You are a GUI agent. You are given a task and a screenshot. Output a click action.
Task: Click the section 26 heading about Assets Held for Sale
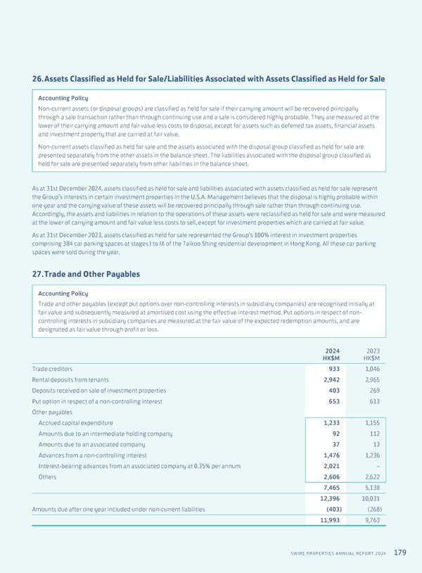(x=208, y=79)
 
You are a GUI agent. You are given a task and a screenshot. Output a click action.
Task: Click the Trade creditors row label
(x=52, y=368)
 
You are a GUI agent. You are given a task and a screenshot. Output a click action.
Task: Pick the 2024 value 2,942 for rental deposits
(x=330, y=379)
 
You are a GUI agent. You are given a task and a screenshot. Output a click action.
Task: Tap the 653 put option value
(x=333, y=401)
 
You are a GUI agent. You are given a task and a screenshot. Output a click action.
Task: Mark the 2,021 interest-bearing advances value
(x=330, y=465)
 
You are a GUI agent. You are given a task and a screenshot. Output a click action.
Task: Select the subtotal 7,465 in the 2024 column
(x=330, y=486)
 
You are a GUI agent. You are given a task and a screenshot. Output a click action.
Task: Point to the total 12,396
(x=328, y=498)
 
